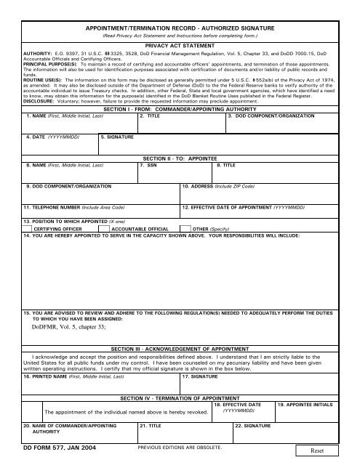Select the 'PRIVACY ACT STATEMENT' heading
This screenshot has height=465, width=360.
click(x=179, y=44)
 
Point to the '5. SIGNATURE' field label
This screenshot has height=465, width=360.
click(x=117, y=137)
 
